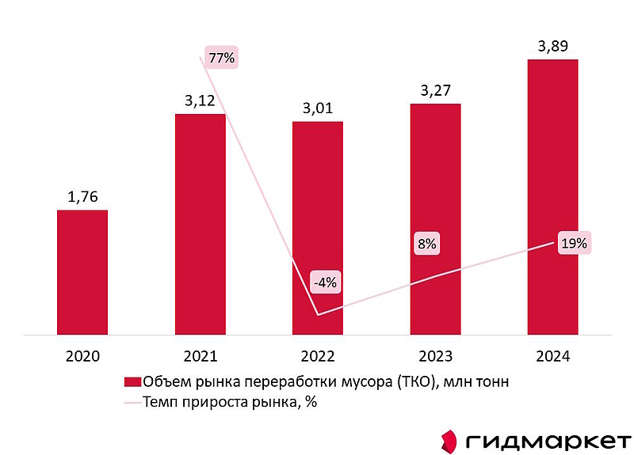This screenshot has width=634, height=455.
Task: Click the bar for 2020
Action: [x=82, y=273]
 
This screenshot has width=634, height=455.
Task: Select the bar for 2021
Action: [x=200, y=226]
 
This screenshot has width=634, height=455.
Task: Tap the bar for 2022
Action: [x=318, y=229]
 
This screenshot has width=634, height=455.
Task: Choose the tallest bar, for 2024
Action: [x=552, y=198]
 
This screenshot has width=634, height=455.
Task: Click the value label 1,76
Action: [x=82, y=196]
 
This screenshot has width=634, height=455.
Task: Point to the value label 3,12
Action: [x=200, y=100]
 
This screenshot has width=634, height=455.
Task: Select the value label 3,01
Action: [x=318, y=108]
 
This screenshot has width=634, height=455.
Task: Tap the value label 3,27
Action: [x=435, y=90]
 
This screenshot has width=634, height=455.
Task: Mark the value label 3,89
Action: [x=552, y=46]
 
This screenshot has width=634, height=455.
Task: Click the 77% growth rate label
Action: [x=220, y=57]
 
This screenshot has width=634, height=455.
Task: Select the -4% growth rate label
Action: [x=325, y=281]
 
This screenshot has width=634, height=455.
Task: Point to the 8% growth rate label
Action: [x=426, y=244]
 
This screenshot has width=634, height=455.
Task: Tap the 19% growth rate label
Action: [x=573, y=244]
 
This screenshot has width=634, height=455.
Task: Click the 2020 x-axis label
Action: [x=82, y=357]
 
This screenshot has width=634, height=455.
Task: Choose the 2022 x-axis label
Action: [x=318, y=357]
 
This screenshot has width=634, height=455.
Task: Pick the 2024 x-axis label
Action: [x=552, y=357]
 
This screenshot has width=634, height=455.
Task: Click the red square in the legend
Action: [x=132, y=382]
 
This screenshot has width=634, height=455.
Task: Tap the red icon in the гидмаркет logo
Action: [x=449, y=440]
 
